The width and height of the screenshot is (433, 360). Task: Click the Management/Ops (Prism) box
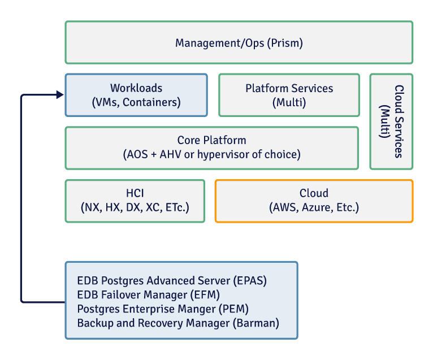pos(239,42)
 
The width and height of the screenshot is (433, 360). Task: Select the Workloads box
pos(136,95)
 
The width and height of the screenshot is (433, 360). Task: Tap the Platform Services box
pos(289,95)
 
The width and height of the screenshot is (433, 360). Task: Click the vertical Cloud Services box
pos(392,122)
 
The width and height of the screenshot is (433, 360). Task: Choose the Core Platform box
pos(211,148)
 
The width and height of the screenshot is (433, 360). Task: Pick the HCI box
pos(135,201)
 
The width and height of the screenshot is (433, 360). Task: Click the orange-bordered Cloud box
pos(314,201)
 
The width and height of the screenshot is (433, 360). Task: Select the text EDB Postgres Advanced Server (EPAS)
pos(171,281)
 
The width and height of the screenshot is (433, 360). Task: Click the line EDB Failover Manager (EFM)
pos(148,294)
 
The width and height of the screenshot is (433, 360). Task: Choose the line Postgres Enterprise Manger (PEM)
pos(163,309)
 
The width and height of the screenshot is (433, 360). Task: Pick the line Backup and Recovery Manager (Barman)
pos(178,323)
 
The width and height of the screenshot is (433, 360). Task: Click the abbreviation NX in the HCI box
pos(91,207)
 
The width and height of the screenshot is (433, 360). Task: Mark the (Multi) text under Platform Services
pos(289,102)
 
